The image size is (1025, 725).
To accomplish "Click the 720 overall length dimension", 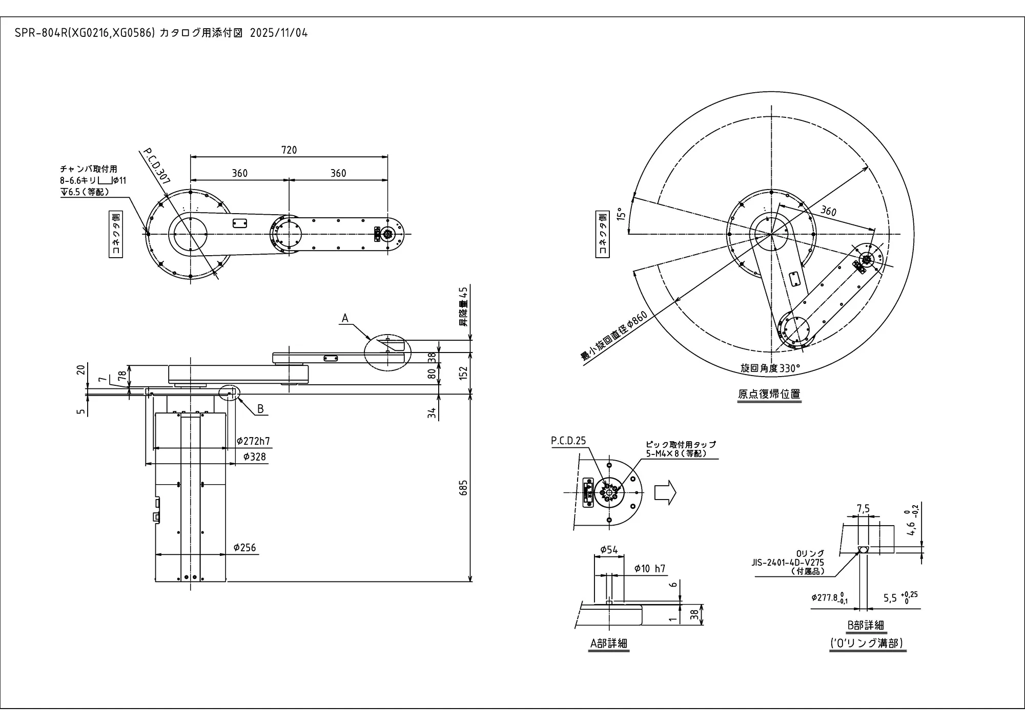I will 289,150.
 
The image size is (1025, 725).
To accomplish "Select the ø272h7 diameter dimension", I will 253,441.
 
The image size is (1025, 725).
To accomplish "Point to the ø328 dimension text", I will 255,457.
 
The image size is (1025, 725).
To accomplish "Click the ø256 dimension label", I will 244,548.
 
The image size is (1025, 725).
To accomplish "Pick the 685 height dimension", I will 464,487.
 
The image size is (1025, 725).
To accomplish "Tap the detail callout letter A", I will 345,318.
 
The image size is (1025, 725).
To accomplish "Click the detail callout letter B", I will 260,409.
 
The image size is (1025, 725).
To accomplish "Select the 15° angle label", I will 621,214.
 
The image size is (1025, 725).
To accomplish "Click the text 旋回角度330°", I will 770,368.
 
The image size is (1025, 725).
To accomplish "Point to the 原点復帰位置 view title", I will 769,394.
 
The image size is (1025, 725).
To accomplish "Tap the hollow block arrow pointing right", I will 665,493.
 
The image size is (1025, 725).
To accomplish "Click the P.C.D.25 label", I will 568,441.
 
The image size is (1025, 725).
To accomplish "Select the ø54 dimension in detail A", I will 609,550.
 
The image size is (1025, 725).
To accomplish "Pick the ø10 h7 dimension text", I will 649,568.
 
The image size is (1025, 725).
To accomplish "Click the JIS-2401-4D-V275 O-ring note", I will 788,562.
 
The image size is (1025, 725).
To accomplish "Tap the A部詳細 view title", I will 609,644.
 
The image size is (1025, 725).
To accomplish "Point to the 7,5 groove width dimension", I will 863,509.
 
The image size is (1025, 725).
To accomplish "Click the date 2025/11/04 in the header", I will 279,33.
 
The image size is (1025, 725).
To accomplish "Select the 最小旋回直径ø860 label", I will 614,336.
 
